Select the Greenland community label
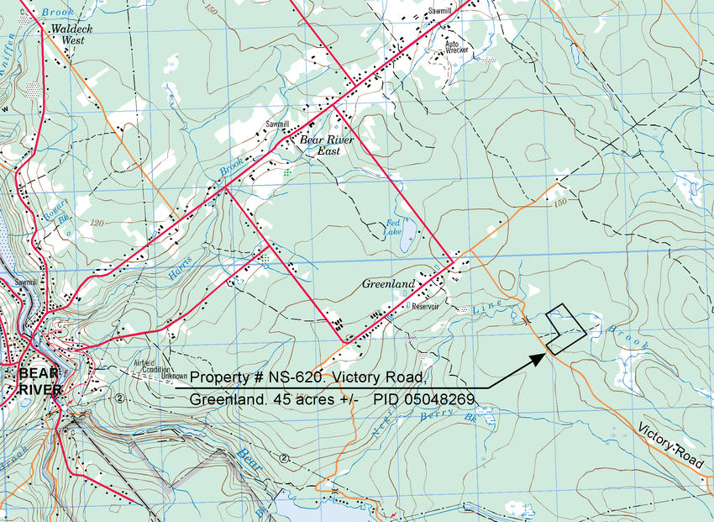[388, 285]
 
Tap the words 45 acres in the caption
[316, 398]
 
